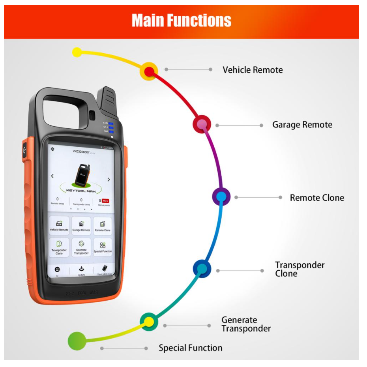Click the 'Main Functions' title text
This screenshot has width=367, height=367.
click(x=181, y=21)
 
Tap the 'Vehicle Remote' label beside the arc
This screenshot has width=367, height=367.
click(x=253, y=70)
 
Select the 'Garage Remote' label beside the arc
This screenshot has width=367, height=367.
click(x=302, y=125)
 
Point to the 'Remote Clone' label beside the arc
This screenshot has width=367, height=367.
click(x=317, y=198)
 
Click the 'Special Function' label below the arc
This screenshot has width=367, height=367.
click(x=191, y=348)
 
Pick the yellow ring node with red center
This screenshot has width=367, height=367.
click(x=149, y=71)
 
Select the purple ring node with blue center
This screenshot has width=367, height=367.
click(x=221, y=196)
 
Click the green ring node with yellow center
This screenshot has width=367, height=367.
click(x=149, y=322)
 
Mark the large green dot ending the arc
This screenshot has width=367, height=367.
click(x=77, y=340)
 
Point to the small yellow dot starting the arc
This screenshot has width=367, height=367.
click(x=77, y=52)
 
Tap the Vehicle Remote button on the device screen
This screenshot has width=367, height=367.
click(x=59, y=225)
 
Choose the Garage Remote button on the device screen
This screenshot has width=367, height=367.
click(x=81, y=225)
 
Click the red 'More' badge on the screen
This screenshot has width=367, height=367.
click(x=105, y=200)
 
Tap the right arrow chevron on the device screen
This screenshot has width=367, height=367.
click(x=109, y=180)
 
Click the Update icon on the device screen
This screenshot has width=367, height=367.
click(x=81, y=270)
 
